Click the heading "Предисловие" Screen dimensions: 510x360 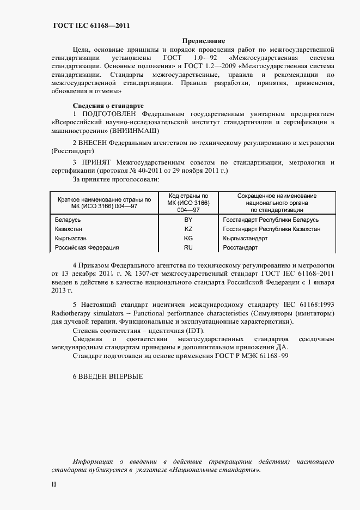[x=203, y=41]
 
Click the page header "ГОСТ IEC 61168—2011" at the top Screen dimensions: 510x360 [x=91, y=26]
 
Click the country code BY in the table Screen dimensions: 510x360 [x=188, y=220]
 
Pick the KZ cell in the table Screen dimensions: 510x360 [x=188, y=229]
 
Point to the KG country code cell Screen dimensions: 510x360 [x=188, y=238]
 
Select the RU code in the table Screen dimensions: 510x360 [x=188, y=247]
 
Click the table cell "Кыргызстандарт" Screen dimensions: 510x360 [x=246, y=238]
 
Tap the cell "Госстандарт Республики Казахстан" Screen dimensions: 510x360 [x=272, y=229]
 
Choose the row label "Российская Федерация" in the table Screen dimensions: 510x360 [x=87, y=247]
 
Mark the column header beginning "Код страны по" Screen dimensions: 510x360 [x=188, y=202]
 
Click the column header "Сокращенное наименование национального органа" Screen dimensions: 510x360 [x=277, y=202]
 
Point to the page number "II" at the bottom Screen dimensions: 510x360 [x=54, y=484]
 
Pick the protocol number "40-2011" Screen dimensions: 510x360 [x=155, y=171]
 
